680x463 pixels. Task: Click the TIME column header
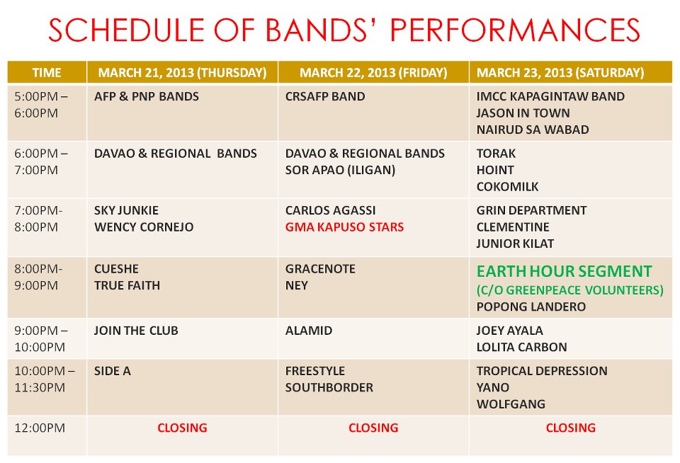click(47, 72)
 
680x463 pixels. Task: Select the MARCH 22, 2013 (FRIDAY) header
click(373, 72)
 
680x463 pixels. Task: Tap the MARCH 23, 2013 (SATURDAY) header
click(560, 72)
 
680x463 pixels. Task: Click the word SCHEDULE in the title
click(127, 30)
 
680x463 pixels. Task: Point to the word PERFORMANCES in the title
click(515, 30)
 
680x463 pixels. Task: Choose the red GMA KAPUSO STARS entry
click(344, 227)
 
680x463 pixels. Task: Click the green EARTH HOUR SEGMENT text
click(565, 271)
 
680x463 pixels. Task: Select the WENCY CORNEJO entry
click(144, 227)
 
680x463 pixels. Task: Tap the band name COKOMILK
click(507, 186)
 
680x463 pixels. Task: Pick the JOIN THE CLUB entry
click(136, 331)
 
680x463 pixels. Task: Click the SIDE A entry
click(113, 371)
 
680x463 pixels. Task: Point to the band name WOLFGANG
click(511, 404)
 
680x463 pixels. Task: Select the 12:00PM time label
click(40, 428)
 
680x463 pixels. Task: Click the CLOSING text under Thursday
click(182, 428)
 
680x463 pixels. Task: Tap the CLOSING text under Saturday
click(571, 428)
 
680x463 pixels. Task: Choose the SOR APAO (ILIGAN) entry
click(341, 170)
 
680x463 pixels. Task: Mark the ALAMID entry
click(309, 331)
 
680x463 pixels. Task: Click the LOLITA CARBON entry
click(522, 347)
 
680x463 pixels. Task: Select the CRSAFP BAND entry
click(325, 96)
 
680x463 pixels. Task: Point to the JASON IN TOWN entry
click(523, 113)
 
